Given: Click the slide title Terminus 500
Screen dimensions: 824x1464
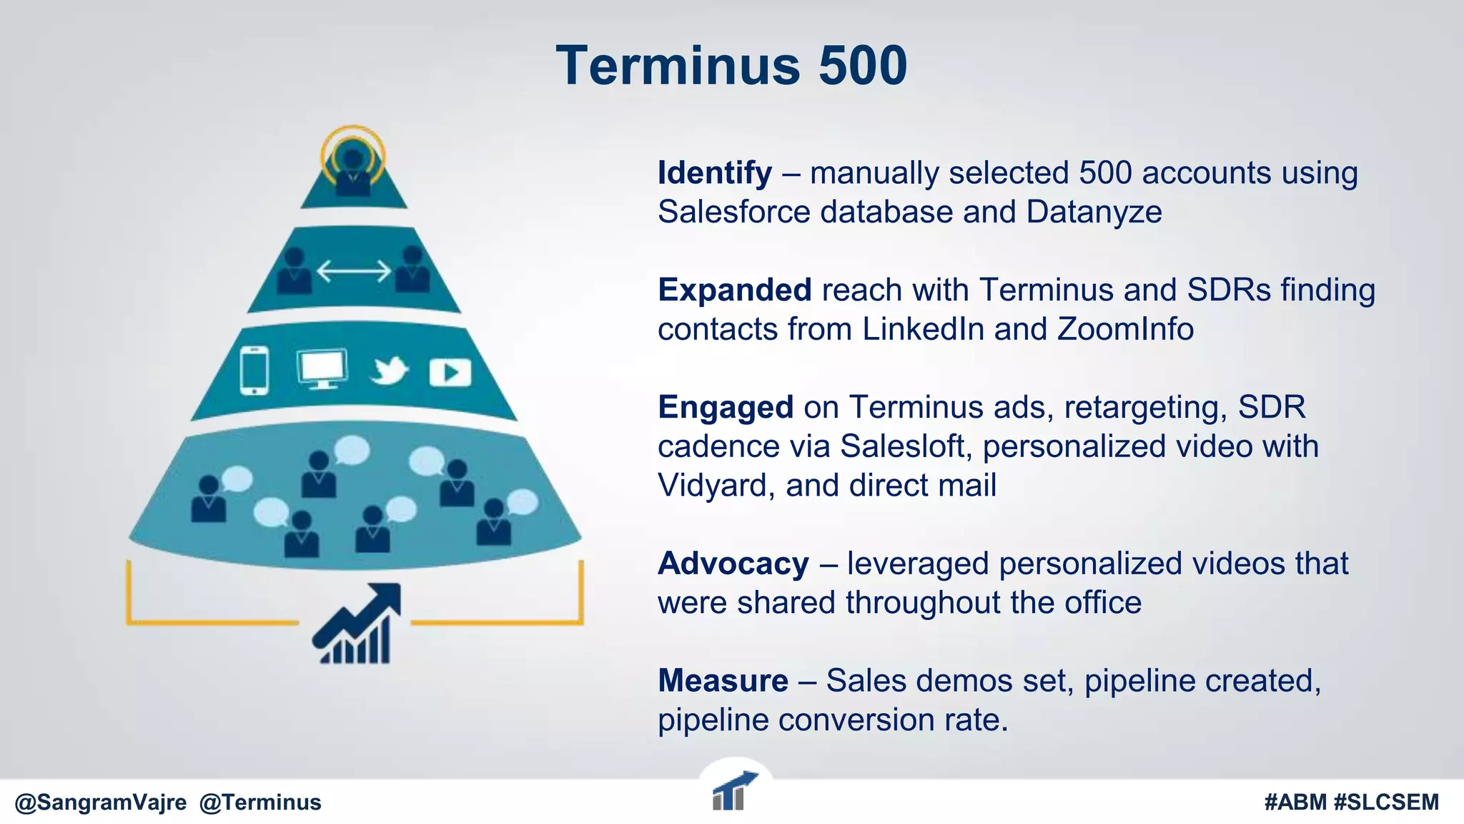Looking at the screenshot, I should click(x=731, y=66).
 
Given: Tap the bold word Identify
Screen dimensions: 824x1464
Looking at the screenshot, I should click(x=714, y=173).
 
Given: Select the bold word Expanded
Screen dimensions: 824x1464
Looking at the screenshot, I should click(x=734, y=290).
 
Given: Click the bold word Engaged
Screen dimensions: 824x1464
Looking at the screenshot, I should click(x=725, y=408).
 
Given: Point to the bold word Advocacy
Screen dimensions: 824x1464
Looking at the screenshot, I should click(x=733, y=564).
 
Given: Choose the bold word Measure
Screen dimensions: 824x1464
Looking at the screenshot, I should click(x=723, y=681).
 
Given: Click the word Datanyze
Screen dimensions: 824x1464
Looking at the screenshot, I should click(x=1094, y=212).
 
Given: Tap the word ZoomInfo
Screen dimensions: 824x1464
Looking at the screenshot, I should click(x=1125, y=330).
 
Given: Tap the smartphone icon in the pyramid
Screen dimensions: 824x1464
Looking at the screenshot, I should click(x=254, y=371).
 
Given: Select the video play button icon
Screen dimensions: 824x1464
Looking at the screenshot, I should click(x=450, y=372).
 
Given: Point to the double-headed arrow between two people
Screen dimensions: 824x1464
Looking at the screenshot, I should click(x=354, y=271).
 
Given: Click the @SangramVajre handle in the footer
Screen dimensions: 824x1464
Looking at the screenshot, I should click(x=100, y=803).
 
